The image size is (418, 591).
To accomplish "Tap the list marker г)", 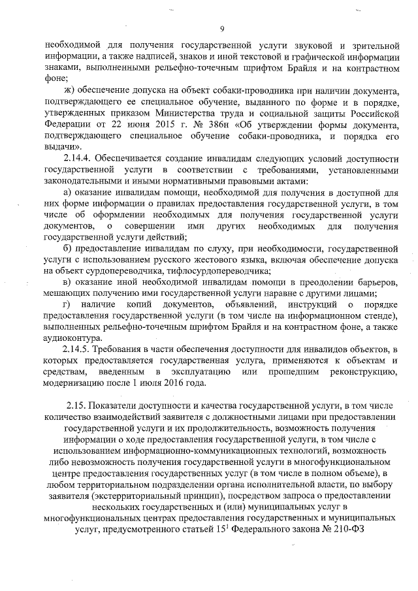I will [65, 305].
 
